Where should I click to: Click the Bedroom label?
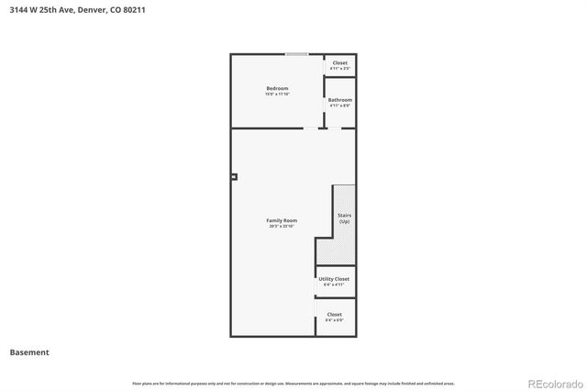(x=277, y=88)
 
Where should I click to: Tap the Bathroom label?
(x=340, y=99)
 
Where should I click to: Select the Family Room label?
(x=282, y=220)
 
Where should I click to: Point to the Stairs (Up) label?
(x=345, y=218)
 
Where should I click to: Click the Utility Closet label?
(x=334, y=278)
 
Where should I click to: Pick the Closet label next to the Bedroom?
(x=340, y=62)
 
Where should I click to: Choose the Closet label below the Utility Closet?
(x=335, y=314)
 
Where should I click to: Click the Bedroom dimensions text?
(x=277, y=94)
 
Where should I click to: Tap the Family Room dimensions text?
(x=282, y=226)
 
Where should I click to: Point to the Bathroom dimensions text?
(x=340, y=106)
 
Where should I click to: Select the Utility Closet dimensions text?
(x=334, y=285)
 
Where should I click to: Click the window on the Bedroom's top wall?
(x=296, y=54)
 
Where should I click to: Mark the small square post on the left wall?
(x=234, y=176)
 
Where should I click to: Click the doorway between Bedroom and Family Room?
(x=312, y=128)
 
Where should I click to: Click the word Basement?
(x=29, y=352)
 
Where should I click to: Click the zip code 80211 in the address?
(x=134, y=9)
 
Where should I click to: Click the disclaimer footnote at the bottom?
(x=293, y=383)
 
